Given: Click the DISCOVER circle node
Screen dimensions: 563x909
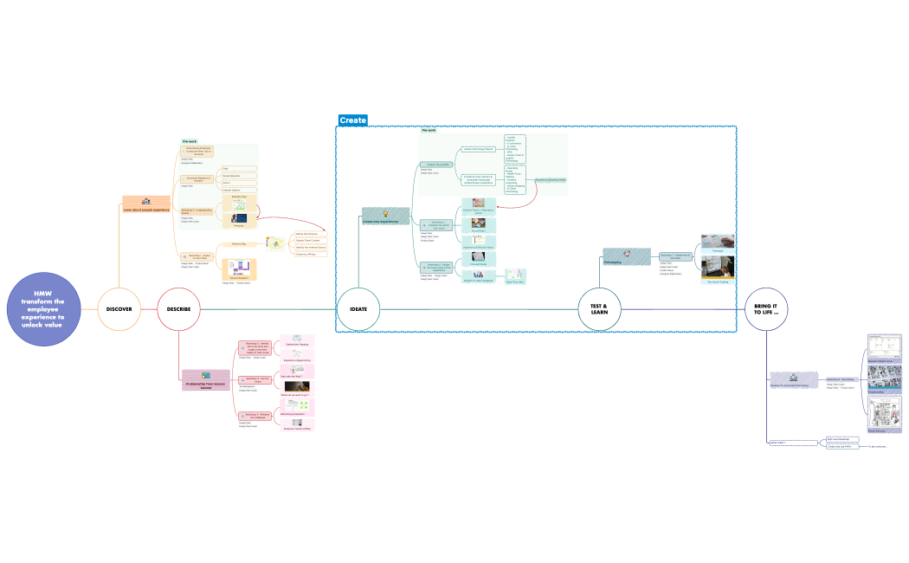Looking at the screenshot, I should pos(119,309).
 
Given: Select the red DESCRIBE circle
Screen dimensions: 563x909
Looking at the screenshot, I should pos(178,309).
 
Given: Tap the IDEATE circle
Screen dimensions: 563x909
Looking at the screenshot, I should pos(358,309).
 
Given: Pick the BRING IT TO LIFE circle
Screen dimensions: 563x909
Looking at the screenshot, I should pos(766,309).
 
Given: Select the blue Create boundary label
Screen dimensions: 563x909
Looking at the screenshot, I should pos(352,120).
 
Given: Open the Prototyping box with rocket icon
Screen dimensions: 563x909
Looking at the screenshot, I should pos(625,256).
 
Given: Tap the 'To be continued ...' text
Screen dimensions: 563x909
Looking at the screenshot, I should pos(878,447).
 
